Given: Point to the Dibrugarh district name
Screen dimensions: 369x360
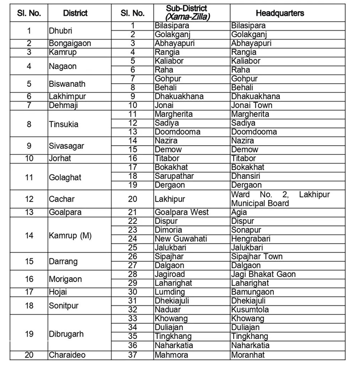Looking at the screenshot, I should tap(66, 334).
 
